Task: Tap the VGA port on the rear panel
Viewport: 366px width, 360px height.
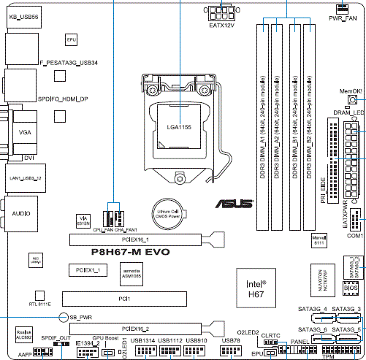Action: [x=26, y=132]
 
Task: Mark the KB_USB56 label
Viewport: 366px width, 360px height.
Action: [x=23, y=15]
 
